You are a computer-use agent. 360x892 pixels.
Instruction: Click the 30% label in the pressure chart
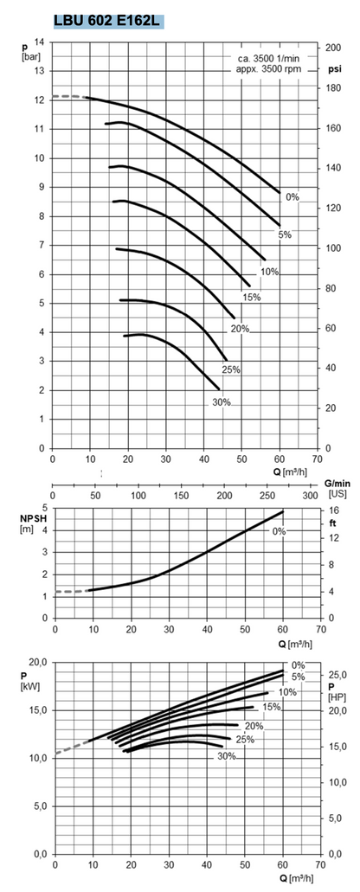coord(222,402)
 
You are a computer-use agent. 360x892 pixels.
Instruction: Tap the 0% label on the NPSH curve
coord(279,531)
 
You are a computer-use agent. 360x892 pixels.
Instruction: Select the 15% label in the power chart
coord(271,708)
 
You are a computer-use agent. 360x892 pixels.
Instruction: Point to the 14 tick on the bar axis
coord(40,42)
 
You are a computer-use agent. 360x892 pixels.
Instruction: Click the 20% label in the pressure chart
coord(241,329)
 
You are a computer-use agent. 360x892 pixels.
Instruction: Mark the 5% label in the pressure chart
coord(285,235)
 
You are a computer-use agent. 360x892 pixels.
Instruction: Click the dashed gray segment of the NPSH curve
coord(69,592)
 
